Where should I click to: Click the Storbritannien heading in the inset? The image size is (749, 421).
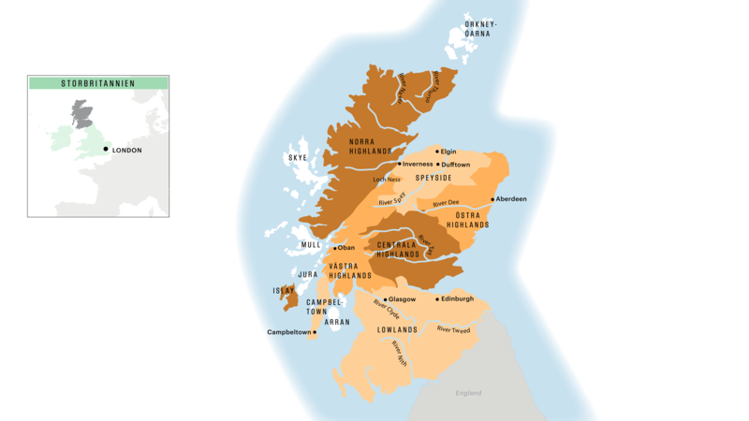pyautogui.click(x=98, y=83)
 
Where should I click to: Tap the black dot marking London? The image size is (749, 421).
pyautogui.click(x=106, y=149)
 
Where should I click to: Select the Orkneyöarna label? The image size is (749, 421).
pyautogui.click(x=481, y=27)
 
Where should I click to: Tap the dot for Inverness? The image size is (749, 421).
pyautogui.click(x=399, y=164)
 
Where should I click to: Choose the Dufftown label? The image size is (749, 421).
pyautogui.click(x=456, y=164)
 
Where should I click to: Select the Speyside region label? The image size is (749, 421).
pyautogui.click(x=433, y=178)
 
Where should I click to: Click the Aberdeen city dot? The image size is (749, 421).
pyautogui.click(x=492, y=199)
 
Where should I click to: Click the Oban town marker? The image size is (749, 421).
pyautogui.click(x=334, y=248)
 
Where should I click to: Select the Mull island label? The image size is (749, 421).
pyautogui.click(x=311, y=245)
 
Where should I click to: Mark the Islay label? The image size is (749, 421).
pyautogui.click(x=284, y=291)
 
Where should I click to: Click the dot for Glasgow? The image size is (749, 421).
pyautogui.click(x=386, y=299)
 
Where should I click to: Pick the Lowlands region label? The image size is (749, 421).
pyautogui.click(x=396, y=330)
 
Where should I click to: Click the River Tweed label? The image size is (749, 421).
pyautogui.click(x=453, y=329)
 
